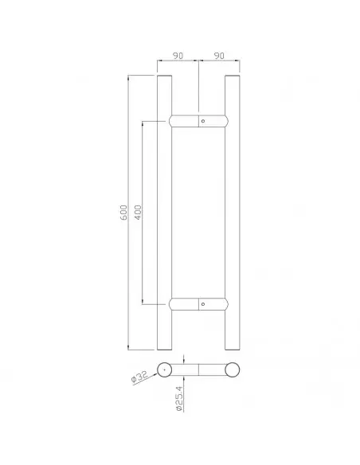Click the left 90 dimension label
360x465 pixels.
(178, 56)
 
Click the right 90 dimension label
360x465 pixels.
(219, 56)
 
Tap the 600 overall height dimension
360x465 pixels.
(124, 213)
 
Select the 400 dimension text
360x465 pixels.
(138, 213)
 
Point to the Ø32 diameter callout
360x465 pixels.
(139, 377)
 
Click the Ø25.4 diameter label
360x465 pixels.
(179, 398)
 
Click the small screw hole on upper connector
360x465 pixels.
(203, 121)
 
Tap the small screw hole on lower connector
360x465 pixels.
(203, 304)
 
